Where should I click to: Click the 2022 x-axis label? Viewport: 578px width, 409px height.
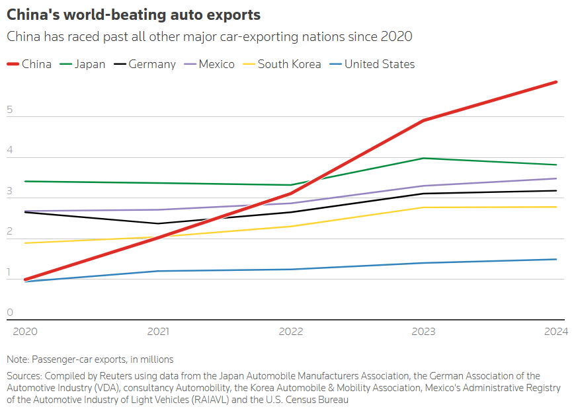coord(292,332)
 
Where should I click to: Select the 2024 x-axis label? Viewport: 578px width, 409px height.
coord(555,332)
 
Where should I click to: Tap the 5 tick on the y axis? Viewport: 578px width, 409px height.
coord(10,110)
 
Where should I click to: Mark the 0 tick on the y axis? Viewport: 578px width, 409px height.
coord(10,313)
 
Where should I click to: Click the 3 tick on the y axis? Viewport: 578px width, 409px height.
coord(10,191)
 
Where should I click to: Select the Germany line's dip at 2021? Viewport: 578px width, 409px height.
coord(157,223)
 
